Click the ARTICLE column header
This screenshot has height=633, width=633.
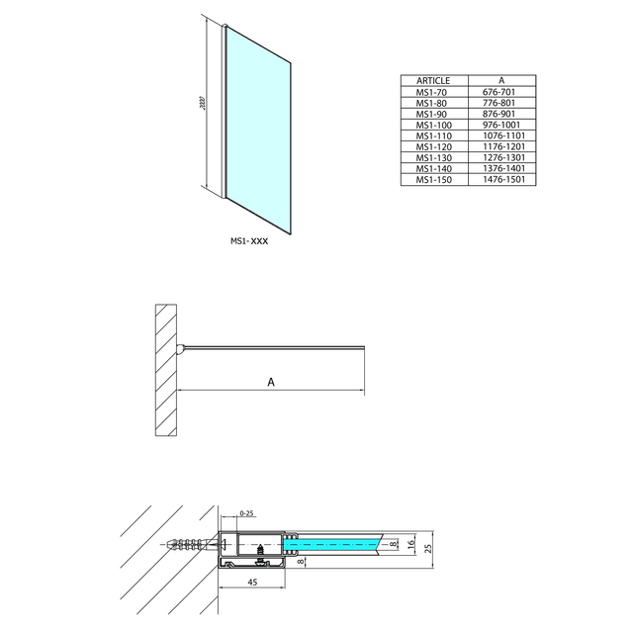(x=434, y=80)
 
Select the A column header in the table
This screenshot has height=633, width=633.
(x=501, y=80)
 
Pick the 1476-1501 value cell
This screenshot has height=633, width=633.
(x=501, y=180)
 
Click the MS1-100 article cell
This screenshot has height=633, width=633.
(x=434, y=125)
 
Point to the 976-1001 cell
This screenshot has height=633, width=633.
(x=501, y=125)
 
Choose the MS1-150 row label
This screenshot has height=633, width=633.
(x=434, y=180)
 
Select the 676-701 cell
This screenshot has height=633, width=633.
(x=501, y=92)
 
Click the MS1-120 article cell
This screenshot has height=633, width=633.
(x=434, y=146)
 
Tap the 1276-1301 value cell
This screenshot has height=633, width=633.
(x=501, y=157)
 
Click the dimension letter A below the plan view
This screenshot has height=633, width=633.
(x=270, y=381)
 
